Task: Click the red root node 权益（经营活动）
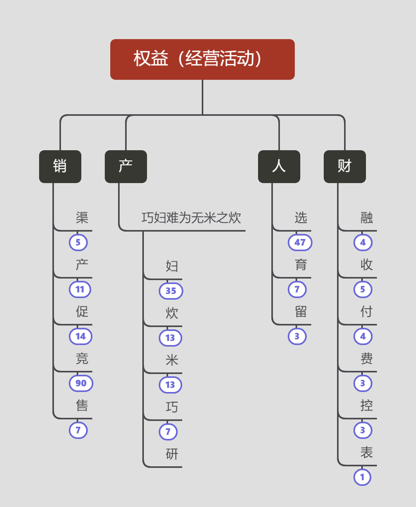202,59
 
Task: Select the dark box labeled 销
60,166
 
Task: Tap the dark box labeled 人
279,166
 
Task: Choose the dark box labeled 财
344,166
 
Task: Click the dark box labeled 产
126,166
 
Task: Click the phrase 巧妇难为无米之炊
191,218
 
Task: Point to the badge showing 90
81,383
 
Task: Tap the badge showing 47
300,243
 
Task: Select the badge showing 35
171,291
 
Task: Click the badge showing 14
81,336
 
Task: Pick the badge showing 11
80,289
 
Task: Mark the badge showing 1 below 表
362,477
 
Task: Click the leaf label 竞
82,359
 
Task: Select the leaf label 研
172,454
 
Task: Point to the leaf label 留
301,312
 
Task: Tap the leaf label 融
366,218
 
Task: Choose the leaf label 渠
82,218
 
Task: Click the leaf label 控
366,406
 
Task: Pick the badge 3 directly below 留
297,336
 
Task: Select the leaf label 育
301,265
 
